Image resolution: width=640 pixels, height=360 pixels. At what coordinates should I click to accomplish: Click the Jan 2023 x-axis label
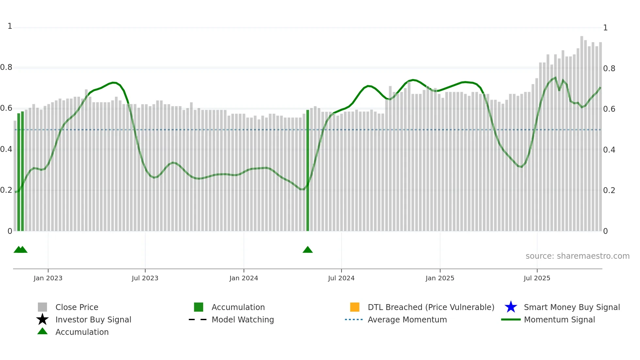point(48,278)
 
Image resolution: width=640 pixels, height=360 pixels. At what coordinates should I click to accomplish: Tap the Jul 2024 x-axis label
point(341,278)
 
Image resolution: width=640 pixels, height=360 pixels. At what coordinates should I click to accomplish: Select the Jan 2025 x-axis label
point(440,278)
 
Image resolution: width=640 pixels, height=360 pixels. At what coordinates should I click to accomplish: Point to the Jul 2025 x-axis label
point(537,278)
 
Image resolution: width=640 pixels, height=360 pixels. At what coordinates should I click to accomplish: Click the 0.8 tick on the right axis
point(609,68)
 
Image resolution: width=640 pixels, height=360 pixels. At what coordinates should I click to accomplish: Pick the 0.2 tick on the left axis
point(6,190)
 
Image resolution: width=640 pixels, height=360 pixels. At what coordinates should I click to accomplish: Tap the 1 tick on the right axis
point(605,28)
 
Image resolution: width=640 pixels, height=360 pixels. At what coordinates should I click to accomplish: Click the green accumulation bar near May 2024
point(308,170)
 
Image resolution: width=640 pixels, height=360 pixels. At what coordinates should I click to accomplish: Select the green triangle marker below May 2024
point(308,250)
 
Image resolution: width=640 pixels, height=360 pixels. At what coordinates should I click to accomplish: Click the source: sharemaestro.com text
point(577,256)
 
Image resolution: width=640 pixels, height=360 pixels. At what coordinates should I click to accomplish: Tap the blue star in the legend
point(511,307)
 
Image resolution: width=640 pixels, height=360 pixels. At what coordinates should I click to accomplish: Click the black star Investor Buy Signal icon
point(42,319)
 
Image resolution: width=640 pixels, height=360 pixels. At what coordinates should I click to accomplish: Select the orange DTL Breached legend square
point(355,307)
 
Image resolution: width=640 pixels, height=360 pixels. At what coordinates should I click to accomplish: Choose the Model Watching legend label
point(243,319)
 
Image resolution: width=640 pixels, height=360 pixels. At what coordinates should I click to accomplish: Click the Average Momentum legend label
point(407,319)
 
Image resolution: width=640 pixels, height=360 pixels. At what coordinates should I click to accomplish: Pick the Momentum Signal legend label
point(559,319)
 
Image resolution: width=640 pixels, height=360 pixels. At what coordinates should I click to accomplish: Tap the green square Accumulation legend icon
point(199,307)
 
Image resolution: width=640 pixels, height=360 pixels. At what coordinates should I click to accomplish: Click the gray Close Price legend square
point(42,307)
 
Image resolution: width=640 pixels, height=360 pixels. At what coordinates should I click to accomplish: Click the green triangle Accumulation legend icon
point(42,332)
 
